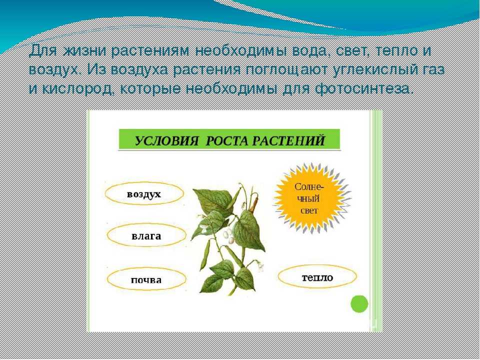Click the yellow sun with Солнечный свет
tap(311, 198)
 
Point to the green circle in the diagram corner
tap(359, 304)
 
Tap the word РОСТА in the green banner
tap(228, 141)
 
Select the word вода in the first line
tap(312, 51)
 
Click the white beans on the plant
tap(228, 236)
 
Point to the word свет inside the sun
tap(309, 210)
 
